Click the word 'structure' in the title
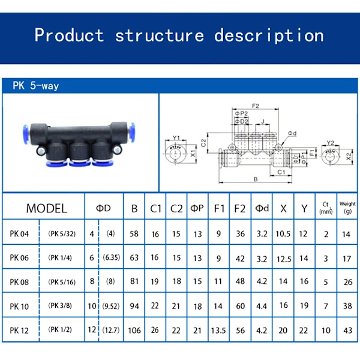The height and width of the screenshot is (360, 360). pos(159,35)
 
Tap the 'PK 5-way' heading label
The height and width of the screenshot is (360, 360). pos(36,86)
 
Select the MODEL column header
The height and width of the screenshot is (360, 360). pos(46,209)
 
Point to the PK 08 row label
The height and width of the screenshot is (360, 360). pos(19,281)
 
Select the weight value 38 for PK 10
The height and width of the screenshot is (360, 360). pos(347,305)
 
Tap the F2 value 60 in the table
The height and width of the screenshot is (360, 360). pos(239,305)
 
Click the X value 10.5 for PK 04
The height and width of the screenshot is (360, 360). pos(283,234)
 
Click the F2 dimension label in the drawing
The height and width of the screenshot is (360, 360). pos(255,106)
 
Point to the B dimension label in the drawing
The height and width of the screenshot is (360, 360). pos(256,179)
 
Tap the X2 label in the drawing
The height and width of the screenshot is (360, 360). pos(349,157)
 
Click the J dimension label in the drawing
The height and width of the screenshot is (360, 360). pos(263,121)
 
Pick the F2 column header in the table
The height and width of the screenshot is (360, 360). pos(239,209)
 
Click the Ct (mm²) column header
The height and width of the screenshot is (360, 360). pos(326,208)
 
